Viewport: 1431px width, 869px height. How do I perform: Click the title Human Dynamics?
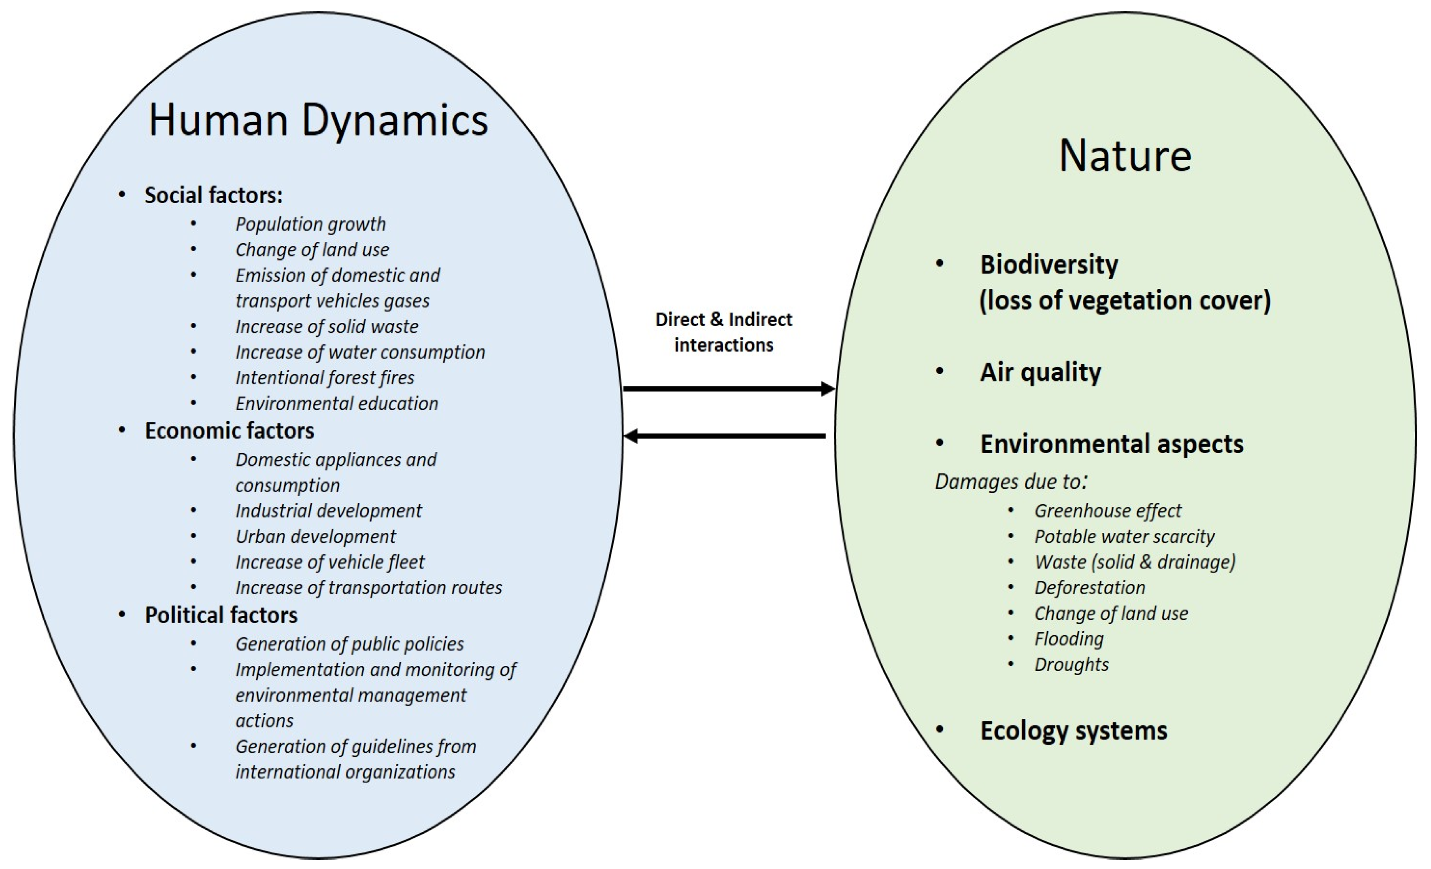click(318, 120)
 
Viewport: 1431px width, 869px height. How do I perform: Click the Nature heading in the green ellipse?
click(1125, 156)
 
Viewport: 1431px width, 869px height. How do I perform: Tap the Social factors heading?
click(213, 195)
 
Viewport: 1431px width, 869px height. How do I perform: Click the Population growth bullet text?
click(310, 224)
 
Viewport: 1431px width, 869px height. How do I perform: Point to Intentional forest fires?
click(325, 378)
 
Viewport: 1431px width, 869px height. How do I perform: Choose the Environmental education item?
click(336, 403)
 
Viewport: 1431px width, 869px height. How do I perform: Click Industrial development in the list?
click(328, 511)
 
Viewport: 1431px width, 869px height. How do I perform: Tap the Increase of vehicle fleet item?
click(329, 562)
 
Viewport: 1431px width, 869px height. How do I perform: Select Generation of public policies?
click(349, 644)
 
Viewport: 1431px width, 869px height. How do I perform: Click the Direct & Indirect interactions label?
click(724, 332)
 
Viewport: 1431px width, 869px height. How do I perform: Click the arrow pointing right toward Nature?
click(728, 388)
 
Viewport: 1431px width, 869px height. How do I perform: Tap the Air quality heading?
click(1040, 372)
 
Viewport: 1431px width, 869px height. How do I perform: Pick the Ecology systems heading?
click(1073, 730)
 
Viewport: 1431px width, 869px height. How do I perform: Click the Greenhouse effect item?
click(1108, 511)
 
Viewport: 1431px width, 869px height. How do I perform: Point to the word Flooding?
click(1069, 639)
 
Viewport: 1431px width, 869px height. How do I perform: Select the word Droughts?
click(1071, 665)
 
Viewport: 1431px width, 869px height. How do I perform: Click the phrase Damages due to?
click(1010, 481)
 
